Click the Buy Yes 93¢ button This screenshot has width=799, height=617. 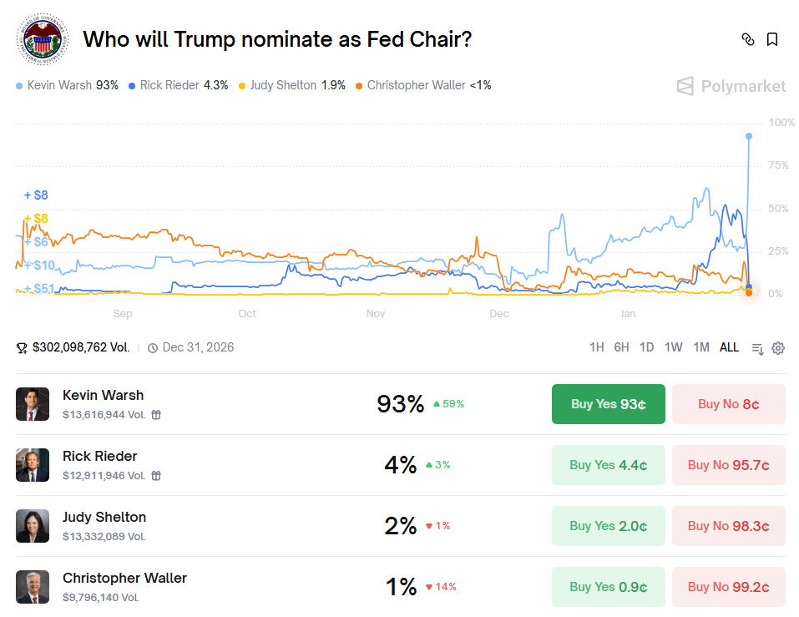pyautogui.click(x=608, y=404)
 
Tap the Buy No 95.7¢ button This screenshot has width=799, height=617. pyautogui.click(x=728, y=465)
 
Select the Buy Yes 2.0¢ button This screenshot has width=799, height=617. pyautogui.click(x=608, y=526)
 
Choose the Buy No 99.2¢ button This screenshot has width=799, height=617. pyautogui.click(x=728, y=587)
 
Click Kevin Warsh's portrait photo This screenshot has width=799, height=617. pyautogui.click(x=33, y=404)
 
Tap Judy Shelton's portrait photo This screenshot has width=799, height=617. pyautogui.click(x=33, y=526)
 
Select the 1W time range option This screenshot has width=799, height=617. pyautogui.click(x=674, y=347)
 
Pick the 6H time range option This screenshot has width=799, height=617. pyautogui.click(x=621, y=347)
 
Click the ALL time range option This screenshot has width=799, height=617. pyautogui.click(x=729, y=347)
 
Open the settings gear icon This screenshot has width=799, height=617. pyautogui.click(x=778, y=348)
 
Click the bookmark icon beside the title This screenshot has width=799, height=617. pyautogui.click(x=772, y=39)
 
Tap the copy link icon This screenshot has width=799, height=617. pyautogui.click(x=748, y=39)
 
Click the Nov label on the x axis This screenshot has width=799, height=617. pyautogui.click(x=376, y=314)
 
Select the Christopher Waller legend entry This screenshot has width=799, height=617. pyautogui.click(x=423, y=85)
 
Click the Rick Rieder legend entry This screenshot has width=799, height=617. pyautogui.click(x=178, y=85)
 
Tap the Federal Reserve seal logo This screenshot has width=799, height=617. pyautogui.click(x=43, y=39)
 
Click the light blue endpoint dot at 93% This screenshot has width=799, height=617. pyautogui.click(x=749, y=136)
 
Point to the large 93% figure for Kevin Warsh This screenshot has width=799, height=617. pyautogui.click(x=401, y=404)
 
